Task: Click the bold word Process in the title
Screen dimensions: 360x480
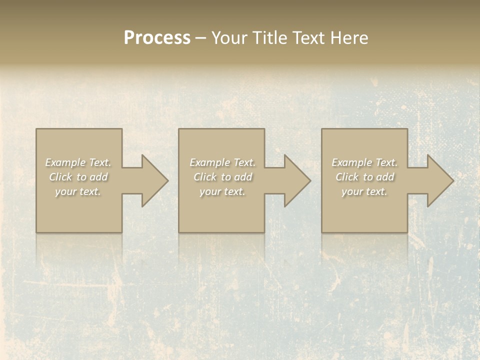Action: click(x=157, y=38)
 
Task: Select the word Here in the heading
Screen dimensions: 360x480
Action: click(x=349, y=38)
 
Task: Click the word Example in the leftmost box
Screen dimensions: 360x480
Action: click(x=65, y=162)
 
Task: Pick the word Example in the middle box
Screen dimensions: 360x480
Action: click(x=209, y=162)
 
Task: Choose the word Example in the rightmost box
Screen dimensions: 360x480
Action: click(x=351, y=162)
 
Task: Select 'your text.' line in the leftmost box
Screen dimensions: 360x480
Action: click(x=78, y=191)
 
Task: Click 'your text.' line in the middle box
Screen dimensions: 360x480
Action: click(x=222, y=191)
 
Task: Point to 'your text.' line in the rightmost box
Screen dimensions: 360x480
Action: click(x=364, y=191)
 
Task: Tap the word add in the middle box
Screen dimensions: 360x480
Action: click(x=242, y=177)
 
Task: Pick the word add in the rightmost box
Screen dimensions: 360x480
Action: click(x=384, y=177)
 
